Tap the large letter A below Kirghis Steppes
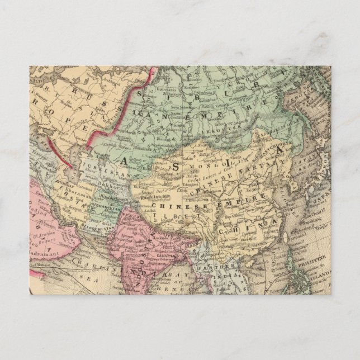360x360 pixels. tap(124, 159)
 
